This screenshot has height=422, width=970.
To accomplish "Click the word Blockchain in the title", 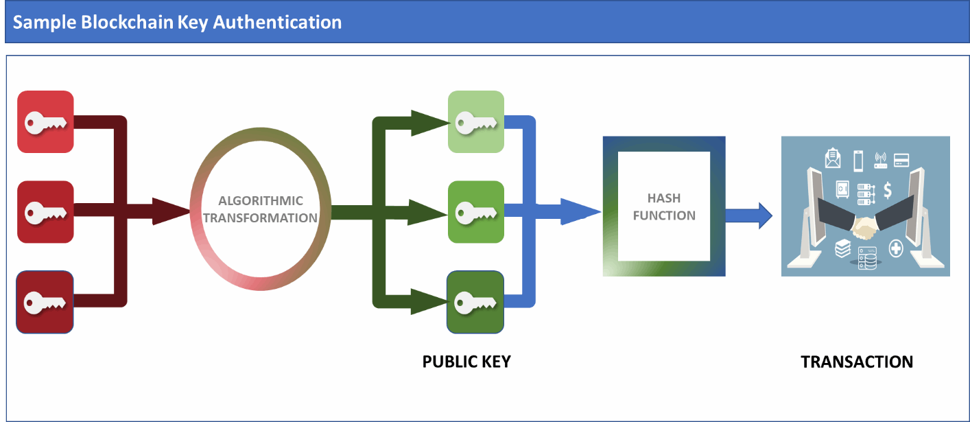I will coord(115,22).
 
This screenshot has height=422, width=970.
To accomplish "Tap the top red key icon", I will coord(45,121).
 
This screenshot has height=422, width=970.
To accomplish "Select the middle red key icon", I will coord(45,211).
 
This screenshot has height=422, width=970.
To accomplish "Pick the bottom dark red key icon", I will coord(45,302).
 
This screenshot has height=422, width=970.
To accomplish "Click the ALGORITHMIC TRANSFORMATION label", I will coord(261,209).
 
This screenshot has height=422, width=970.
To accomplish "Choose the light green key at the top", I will coord(476,122).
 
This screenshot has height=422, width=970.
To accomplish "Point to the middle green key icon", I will coord(476,212).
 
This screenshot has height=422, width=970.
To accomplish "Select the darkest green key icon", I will coord(476,302).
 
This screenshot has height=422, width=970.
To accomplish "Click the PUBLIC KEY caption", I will coord(466,362).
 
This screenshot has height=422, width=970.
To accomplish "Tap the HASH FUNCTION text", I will coord(664,207).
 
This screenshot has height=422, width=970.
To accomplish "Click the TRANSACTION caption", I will coord(857,362).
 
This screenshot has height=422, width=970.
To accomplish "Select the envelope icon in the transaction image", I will coord(833,159).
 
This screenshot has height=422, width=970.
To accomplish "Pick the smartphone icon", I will coord(857,161).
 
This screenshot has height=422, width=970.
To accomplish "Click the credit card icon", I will coord(902,161).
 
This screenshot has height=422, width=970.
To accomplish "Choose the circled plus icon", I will coord(896,248).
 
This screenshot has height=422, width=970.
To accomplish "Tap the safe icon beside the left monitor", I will coord(843,188).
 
